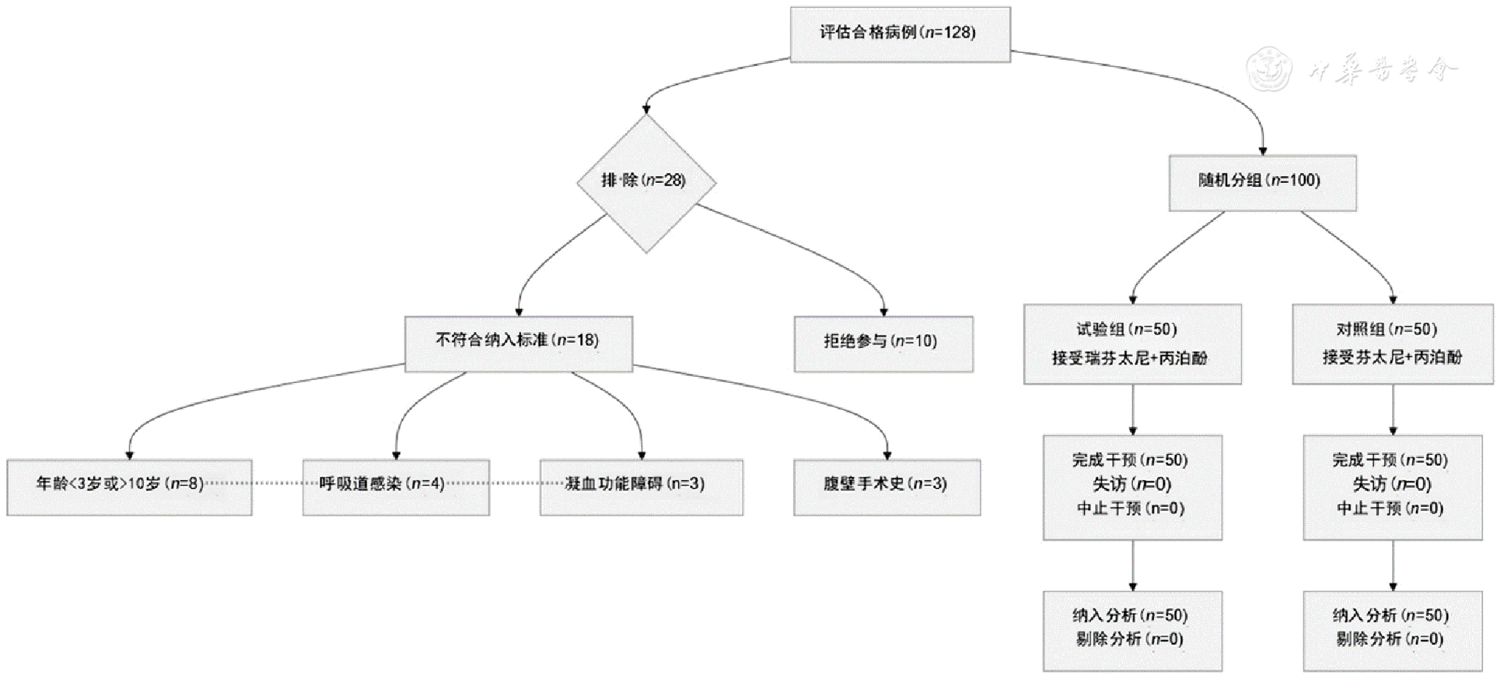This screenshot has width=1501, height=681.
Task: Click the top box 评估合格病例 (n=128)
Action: coord(900,34)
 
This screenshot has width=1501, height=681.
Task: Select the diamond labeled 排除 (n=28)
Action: coord(646,182)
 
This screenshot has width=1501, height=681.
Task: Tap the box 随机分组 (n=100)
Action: coord(1262,183)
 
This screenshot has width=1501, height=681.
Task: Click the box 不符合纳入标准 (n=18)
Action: coord(519,343)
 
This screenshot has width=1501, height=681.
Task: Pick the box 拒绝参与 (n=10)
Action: coord(884,343)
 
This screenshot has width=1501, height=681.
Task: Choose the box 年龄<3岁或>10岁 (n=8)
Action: coord(129,487)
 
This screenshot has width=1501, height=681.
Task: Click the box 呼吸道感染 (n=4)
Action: coord(396,487)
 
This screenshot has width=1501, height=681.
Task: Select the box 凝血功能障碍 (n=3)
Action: coord(641,487)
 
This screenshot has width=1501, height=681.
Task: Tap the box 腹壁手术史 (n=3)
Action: coord(887,487)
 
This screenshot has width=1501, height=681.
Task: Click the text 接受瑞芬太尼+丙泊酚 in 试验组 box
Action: coord(1129,358)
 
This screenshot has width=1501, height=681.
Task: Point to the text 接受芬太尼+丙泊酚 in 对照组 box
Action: coord(1392,357)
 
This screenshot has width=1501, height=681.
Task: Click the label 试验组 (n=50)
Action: coord(1126,329)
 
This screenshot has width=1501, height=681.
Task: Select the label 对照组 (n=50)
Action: coord(1387,329)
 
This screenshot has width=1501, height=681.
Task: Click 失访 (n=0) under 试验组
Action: coord(1132,485)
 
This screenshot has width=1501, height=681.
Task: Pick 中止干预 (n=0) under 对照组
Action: coord(1390,509)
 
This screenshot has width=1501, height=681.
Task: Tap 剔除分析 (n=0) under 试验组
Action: coord(1129,639)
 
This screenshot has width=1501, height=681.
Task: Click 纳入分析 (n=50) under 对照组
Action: coord(1391,615)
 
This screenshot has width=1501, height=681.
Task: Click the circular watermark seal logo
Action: coord(1270,69)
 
